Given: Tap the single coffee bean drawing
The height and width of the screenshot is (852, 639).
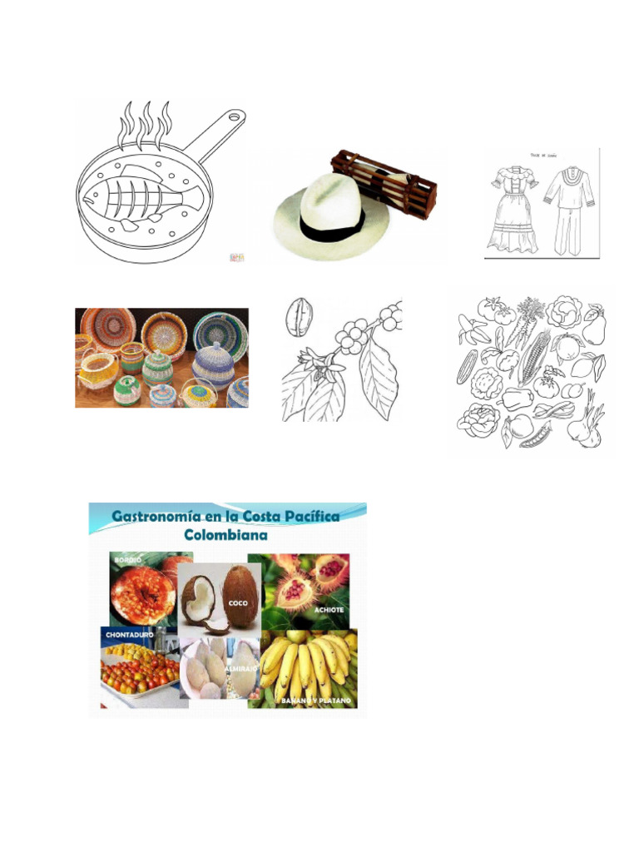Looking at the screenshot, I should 296,316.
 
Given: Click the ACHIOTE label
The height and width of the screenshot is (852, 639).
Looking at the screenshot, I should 329,610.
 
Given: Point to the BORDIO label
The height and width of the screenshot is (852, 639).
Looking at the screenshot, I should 130,561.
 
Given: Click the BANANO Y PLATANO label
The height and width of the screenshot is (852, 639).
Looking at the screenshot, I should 315,701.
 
